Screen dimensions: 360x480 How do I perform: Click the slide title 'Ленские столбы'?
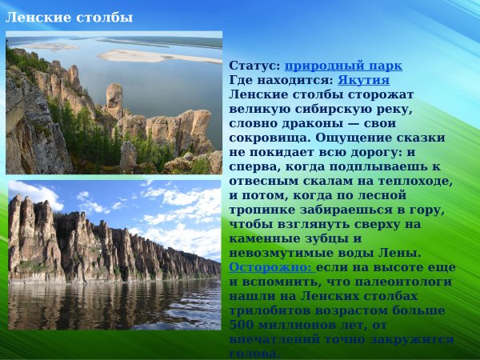pyautogui.click(x=69, y=17)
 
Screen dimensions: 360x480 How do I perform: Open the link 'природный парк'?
pyautogui.click(x=343, y=66)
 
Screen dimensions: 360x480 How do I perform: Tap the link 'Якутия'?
pyautogui.click(x=363, y=80)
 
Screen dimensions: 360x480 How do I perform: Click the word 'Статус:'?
pyautogui.click(x=254, y=66)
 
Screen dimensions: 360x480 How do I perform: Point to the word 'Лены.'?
pyautogui.click(x=378, y=253)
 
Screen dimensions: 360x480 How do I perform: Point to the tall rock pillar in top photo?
pyautogui.click(x=115, y=99)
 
